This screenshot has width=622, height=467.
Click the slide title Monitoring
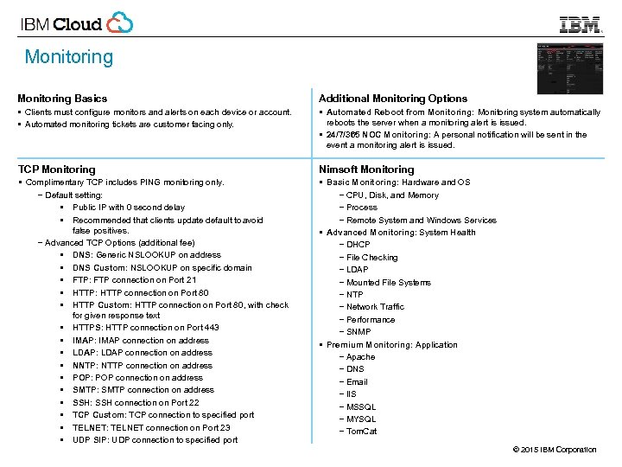(x=68, y=57)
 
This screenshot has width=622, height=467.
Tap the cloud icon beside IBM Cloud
(x=120, y=22)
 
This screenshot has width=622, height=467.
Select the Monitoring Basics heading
(x=62, y=99)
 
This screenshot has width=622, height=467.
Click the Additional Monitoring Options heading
(x=393, y=99)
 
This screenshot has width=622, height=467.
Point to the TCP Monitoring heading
(x=57, y=170)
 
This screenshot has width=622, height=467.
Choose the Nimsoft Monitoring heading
(x=366, y=170)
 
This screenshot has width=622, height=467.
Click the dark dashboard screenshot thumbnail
(x=570, y=68)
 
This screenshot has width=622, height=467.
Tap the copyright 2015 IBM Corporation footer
(x=554, y=450)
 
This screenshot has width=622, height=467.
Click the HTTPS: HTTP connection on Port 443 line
(x=146, y=328)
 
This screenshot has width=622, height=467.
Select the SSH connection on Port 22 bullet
(x=136, y=402)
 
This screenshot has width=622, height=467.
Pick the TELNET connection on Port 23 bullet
(x=151, y=427)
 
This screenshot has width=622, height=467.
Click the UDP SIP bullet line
(x=155, y=440)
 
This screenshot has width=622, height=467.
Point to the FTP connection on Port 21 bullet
(x=135, y=279)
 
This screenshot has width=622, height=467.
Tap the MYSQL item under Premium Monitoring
(x=360, y=419)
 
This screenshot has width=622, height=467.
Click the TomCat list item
(x=361, y=432)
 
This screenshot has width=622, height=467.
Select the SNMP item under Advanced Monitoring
(x=358, y=332)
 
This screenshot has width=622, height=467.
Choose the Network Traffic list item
(x=375, y=307)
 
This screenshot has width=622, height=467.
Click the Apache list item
(x=360, y=357)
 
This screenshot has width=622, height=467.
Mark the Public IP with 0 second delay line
(x=129, y=208)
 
